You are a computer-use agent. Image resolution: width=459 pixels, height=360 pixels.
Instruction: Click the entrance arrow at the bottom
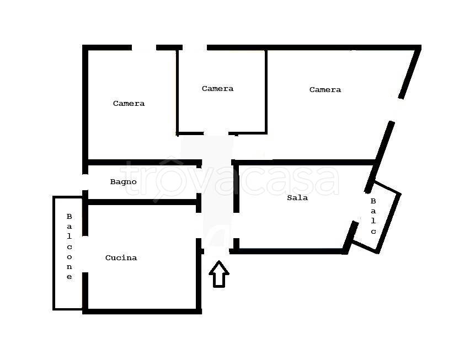(219, 274)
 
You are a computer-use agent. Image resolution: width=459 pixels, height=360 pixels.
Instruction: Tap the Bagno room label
(123, 182)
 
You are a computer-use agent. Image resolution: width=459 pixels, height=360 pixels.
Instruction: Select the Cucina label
(121, 257)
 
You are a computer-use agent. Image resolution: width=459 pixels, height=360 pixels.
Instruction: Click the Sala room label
(297, 198)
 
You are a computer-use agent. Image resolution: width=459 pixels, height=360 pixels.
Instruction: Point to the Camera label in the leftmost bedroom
(129, 103)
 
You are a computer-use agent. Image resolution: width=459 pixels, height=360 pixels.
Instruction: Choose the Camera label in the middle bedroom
(218, 88)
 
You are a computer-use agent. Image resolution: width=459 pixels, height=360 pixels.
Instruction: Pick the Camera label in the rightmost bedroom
(325, 89)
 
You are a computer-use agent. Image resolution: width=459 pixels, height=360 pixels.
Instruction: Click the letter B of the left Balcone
(69, 217)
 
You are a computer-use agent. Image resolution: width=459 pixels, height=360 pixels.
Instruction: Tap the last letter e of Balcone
(69, 277)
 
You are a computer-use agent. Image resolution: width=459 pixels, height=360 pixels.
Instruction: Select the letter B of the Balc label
(373, 201)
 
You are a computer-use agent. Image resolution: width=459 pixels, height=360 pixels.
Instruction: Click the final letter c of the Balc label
(373, 232)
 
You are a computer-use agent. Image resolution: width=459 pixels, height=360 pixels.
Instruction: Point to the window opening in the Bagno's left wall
(85, 182)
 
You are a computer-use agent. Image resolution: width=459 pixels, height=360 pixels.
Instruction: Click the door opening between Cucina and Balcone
(85, 254)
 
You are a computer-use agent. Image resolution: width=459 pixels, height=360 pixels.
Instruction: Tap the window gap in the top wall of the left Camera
(144, 47)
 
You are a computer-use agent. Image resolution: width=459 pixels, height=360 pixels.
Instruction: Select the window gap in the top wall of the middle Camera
(195, 47)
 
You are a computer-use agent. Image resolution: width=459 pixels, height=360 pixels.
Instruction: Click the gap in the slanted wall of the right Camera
(397, 110)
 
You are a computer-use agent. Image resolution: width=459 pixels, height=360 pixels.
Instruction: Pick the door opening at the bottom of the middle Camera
(216, 133)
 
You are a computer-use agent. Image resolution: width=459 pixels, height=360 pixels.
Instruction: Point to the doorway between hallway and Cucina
(199, 225)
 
